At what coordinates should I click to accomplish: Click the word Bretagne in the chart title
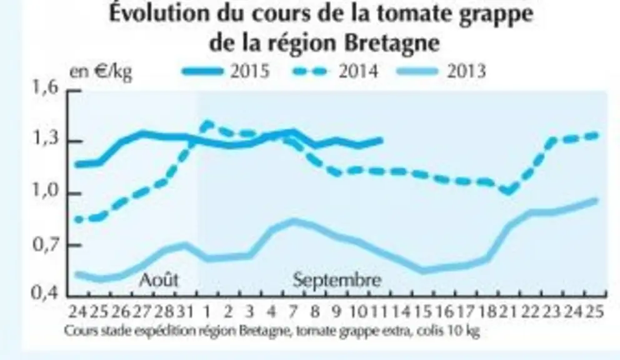click(391, 42)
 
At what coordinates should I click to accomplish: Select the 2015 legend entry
click(226, 72)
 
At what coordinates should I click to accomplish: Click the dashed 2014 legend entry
click(335, 72)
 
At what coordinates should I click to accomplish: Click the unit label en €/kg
click(101, 72)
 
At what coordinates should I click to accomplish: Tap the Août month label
click(159, 280)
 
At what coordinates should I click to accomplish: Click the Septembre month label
click(337, 280)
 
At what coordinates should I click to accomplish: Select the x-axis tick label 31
click(184, 312)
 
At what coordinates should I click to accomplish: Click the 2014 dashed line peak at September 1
click(207, 123)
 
